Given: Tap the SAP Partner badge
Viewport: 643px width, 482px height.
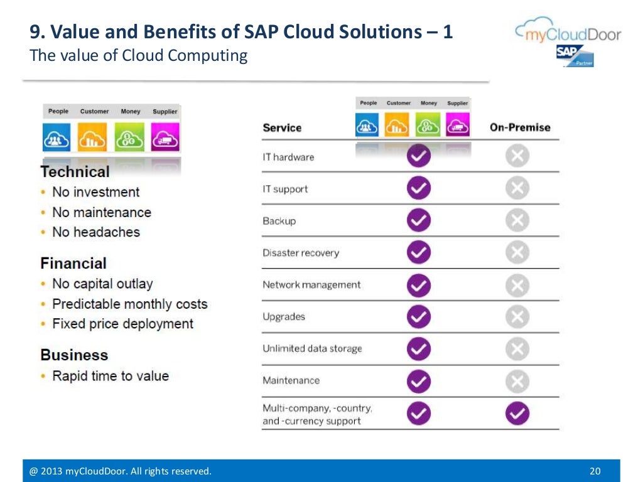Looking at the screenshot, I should [x=574, y=56].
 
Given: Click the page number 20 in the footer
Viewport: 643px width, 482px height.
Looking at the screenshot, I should [x=595, y=471].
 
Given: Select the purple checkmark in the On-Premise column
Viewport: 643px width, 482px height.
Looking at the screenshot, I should [x=517, y=413].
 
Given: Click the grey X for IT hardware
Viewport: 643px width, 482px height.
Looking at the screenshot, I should [x=517, y=156].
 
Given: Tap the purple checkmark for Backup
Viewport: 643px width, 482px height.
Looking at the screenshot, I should [x=418, y=220].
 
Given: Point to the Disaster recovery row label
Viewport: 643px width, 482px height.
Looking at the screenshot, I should [x=300, y=253].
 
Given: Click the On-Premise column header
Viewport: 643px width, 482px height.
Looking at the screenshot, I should [x=519, y=127].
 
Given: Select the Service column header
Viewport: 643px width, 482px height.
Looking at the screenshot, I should [x=282, y=127].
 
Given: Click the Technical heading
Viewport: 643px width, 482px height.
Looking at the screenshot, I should [x=75, y=172].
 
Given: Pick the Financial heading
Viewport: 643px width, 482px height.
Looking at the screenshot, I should [x=73, y=264].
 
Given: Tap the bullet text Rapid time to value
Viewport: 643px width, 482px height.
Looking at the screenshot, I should [x=111, y=376].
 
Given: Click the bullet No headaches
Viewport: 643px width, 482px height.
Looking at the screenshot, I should [x=96, y=232].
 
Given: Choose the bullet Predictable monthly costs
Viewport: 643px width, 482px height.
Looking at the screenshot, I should [x=129, y=304].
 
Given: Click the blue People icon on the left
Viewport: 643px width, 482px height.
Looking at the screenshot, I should [x=57, y=137].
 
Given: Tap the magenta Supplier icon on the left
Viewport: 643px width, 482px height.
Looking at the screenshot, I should [x=165, y=137].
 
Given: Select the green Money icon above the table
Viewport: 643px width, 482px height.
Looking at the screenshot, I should [x=428, y=125].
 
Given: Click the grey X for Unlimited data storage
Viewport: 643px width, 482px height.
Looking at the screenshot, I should [x=517, y=349].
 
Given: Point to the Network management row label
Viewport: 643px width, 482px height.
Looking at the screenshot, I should [x=311, y=285].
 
